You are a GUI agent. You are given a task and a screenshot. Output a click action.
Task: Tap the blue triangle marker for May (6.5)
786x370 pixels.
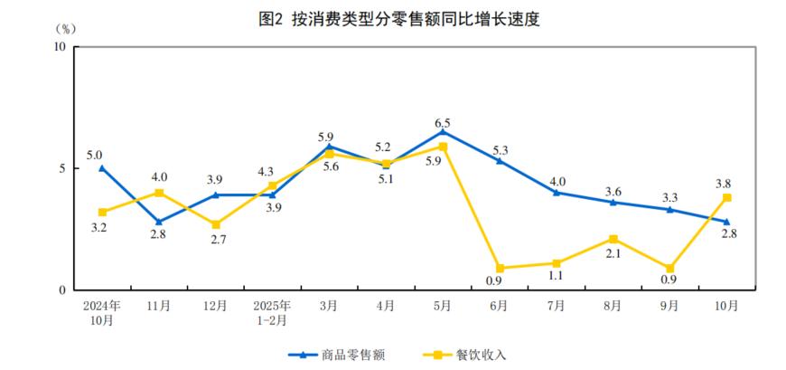443,131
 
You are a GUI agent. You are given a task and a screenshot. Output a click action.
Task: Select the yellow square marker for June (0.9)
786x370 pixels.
500,268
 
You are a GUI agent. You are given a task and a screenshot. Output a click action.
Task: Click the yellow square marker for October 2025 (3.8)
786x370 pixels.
726,197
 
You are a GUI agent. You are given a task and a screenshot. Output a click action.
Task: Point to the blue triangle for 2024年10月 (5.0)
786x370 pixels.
102,167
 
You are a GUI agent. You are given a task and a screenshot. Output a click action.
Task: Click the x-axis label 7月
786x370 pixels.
557,307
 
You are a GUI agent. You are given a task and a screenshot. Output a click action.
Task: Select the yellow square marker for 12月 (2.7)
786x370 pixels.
216,224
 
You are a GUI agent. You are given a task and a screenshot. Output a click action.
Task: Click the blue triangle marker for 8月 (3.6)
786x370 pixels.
613,202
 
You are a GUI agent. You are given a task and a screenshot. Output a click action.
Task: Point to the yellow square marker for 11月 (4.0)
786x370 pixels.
159,193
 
